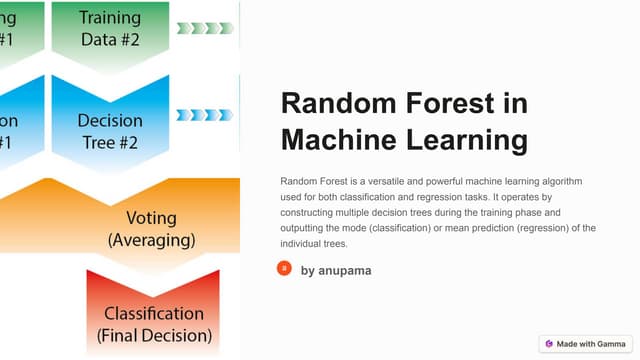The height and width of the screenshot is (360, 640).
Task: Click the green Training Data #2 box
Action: click(x=110, y=29)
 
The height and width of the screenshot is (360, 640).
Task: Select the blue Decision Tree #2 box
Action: click(x=110, y=130)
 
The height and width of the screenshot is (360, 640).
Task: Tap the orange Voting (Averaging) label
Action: click(x=151, y=229)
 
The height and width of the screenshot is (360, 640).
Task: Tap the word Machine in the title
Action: click(x=338, y=139)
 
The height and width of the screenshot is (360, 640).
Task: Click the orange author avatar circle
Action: click(x=284, y=268)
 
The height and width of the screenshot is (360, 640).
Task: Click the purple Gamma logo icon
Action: click(x=549, y=343)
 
